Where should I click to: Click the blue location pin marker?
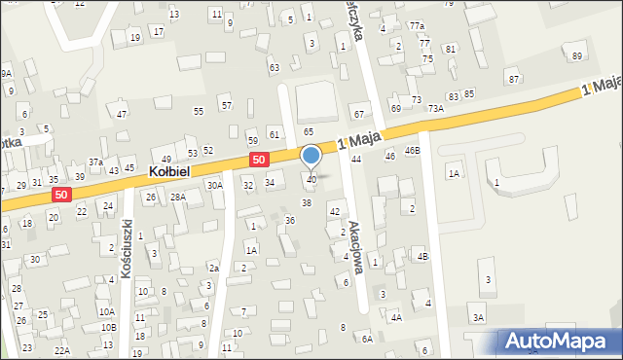pyautogui.click(x=311, y=157)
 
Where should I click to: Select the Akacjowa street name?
pyautogui.click(x=356, y=247)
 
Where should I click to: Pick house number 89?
pyautogui.click(x=577, y=55)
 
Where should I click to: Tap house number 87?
pyautogui.click(x=513, y=78)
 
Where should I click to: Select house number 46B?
pyautogui.click(x=413, y=151)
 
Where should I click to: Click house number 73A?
pyautogui.click(x=436, y=109)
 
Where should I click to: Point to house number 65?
pyautogui.click(x=308, y=130)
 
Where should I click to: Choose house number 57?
pyautogui.click(x=226, y=105)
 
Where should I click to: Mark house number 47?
pyautogui.click(x=122, y=115)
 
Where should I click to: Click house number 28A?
pyautogui.click(x=178, y=197)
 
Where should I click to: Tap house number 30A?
pyautogui.click(x=215, y=185)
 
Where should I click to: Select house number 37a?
pyautogui.click(x=95, y=162)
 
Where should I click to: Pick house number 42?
pyautogui.click(x=335, y=211)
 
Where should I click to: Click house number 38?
pyautogui.click(x=306, y=202)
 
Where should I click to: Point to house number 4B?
pyautogui.click(x=422, y=256)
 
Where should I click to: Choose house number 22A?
pyautogui.click(x=62, y=350)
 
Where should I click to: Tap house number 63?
pyautogui.click(x=275, y=67)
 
